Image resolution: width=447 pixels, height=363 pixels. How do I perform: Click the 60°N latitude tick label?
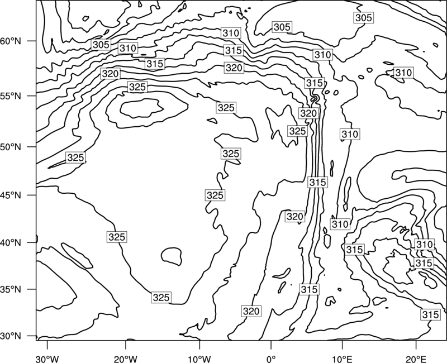pos(11,41)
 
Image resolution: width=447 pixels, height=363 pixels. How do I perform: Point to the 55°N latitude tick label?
pos(11,96)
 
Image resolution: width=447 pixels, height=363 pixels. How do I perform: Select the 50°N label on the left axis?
pos(11,147)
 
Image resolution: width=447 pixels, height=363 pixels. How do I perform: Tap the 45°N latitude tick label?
pos(11,195)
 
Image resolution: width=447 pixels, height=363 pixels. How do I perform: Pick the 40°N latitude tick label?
pos(11,242)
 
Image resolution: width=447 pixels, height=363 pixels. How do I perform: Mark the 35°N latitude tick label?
pos(11,289)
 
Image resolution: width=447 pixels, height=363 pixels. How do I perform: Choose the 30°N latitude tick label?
pos(11,336)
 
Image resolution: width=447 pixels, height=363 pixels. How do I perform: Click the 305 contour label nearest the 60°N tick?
pos(101,45)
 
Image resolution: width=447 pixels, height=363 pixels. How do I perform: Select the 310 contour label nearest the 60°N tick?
pos(128,48)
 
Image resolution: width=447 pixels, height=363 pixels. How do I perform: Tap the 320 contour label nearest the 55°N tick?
pos(110,74)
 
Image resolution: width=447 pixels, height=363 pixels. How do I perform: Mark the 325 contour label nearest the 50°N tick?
pos(75,157)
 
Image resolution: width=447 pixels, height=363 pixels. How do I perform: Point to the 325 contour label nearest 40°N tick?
pos(117,237)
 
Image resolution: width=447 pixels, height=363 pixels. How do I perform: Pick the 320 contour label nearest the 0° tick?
pos(251,311)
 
